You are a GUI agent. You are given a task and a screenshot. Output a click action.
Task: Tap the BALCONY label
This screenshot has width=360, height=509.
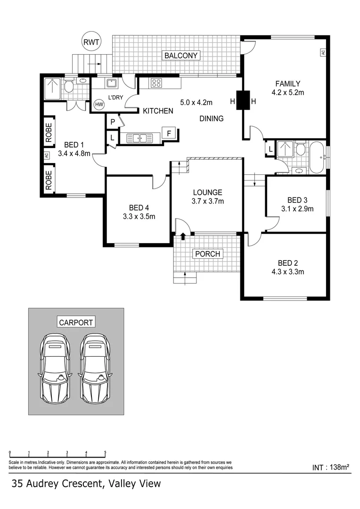click(x=181, y=56)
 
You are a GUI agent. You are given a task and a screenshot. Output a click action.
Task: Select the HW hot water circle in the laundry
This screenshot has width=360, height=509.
click(x=99, y=105)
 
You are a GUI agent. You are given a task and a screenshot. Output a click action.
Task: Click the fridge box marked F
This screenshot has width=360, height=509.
click(x=169, y=133)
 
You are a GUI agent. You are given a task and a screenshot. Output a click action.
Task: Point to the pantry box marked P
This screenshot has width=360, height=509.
click(x=113, y=122)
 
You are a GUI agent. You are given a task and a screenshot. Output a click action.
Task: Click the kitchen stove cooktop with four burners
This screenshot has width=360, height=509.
click(x=156, y=83)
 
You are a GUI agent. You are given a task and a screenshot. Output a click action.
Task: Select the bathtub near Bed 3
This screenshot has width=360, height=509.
click(x=316, y=156)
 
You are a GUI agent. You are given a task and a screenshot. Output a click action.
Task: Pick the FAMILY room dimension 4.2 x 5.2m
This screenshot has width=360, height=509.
click(x=287, y=93)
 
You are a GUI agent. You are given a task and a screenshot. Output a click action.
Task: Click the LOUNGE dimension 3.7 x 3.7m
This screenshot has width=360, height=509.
click(x=207, y=201)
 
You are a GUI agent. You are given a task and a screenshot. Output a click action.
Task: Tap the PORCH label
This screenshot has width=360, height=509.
click(x=207, y=254)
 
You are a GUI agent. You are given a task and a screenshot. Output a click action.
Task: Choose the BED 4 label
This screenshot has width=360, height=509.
click(x=139, y=207)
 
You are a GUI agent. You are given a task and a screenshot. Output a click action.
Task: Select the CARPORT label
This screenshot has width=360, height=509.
click(x=76, y=322)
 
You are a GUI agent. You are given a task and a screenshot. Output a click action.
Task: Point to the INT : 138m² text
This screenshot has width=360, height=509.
click(x=330, y=468)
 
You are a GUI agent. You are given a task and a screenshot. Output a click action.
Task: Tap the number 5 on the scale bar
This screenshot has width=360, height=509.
click(x=105, y=452)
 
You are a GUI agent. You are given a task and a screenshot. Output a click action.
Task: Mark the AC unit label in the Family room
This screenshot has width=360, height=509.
click(x=323, y=53)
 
